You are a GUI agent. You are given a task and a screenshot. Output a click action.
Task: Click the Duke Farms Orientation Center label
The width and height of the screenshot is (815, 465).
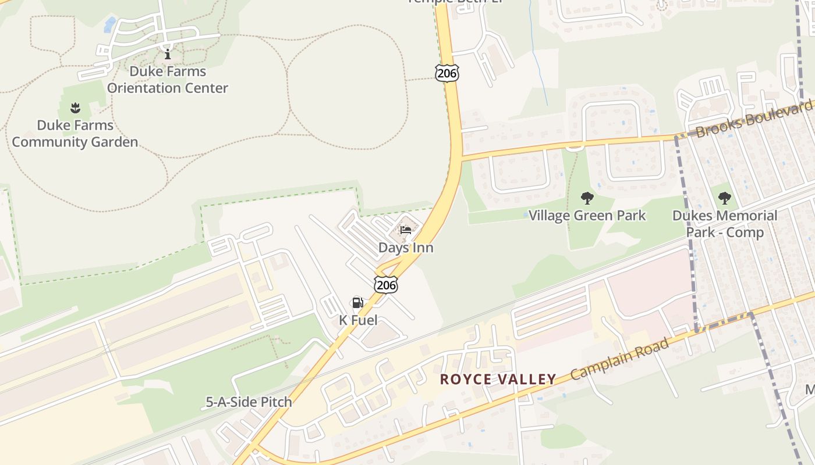(x=168, y=80)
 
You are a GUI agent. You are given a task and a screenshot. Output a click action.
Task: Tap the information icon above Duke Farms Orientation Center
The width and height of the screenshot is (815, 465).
(x=168, y=55)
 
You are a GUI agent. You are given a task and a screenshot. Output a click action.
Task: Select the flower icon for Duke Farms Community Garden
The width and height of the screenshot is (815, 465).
(x=75, y=108)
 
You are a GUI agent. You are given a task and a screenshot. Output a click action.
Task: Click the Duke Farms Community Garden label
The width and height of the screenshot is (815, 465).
(x=75, y=134)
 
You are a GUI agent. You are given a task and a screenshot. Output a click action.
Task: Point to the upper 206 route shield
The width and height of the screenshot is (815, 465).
(x=447, y=73)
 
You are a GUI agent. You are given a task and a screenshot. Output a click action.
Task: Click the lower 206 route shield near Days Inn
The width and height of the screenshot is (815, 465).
(x=386, y=284)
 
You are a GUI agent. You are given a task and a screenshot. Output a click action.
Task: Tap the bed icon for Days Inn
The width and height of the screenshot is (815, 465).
(x=406, y=230)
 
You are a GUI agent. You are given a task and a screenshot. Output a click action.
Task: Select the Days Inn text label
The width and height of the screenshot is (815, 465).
(x=406, y=248)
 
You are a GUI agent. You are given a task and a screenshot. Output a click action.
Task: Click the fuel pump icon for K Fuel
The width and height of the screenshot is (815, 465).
(x=357, y=303)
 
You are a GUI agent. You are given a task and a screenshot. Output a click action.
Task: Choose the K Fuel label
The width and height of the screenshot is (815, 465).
(x=358, y=320)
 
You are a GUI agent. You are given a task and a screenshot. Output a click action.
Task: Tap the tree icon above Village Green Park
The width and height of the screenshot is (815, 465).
(x=587, y=198)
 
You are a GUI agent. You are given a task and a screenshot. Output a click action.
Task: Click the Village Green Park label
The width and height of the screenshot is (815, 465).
(x=587, y=216)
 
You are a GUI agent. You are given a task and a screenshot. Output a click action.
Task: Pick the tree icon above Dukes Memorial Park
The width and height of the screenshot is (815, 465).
(x=724, y=198)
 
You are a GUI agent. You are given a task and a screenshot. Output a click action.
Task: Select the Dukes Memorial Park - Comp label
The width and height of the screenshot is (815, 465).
(x=725, y=224)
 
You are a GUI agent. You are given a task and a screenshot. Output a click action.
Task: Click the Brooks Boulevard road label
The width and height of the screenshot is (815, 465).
(x=753, y=119)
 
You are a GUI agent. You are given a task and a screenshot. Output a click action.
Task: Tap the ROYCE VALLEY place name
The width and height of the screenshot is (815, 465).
(x=498, y=380)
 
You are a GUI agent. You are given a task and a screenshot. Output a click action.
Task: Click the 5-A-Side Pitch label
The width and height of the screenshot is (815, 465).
(x=249, y=402)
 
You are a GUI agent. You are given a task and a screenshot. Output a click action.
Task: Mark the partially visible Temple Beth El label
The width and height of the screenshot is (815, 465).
(x=454, y=2)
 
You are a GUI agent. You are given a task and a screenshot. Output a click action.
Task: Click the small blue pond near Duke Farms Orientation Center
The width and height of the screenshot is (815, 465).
(x=109, y=24)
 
